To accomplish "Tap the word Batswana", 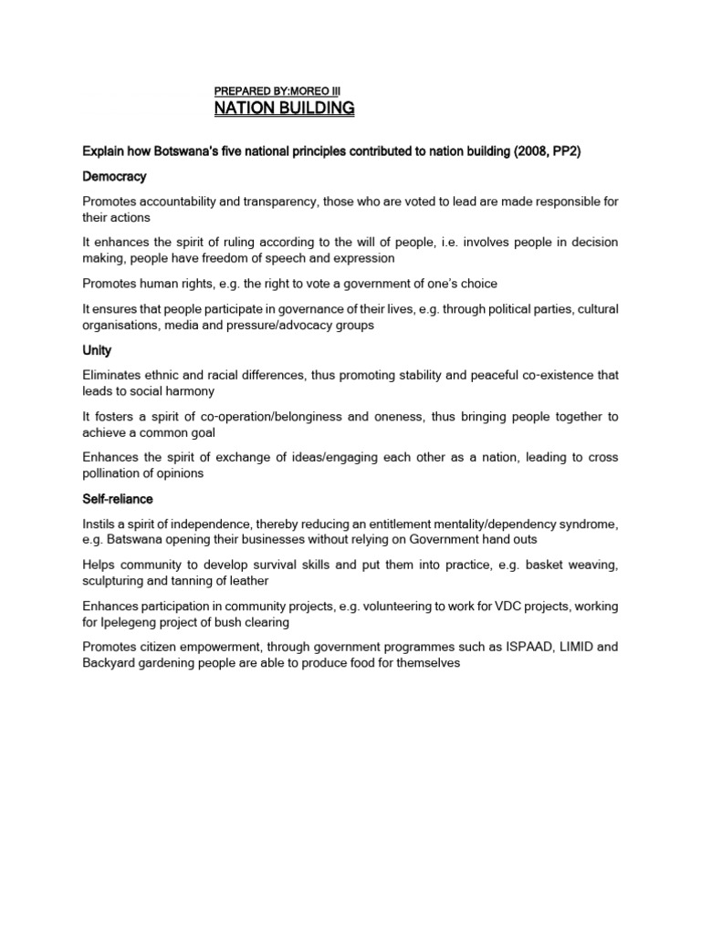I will point(140,541).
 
